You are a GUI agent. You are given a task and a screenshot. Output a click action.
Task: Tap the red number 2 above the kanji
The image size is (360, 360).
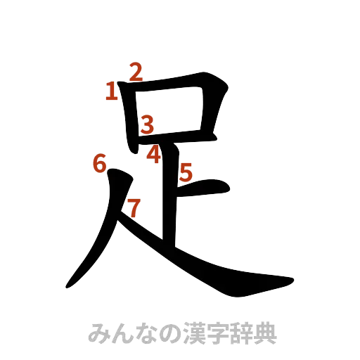click(x=136, y=71)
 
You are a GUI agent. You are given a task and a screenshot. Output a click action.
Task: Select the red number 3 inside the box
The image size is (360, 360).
click(x=146, y=125)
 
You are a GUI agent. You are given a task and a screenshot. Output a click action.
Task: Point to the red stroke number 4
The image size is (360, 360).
click(x=154, y=153)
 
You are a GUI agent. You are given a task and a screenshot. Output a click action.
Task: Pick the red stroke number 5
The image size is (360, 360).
click(x=186, y=172)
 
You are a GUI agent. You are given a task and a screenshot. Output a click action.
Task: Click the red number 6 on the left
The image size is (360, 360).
click(x=99, y=164)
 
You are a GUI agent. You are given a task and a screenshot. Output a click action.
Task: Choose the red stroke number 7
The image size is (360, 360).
click(x=134, y=207)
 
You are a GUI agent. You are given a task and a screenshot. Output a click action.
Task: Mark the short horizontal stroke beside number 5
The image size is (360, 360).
click(x=207, y=188)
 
